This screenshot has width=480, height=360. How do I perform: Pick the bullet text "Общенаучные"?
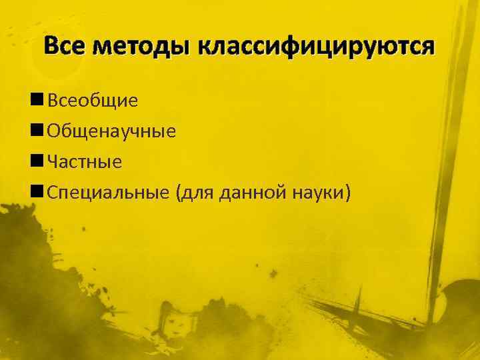tap(111, 131)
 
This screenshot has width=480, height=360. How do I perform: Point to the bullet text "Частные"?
tap(85, 162)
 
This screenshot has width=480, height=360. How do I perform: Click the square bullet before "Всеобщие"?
tap(37, 100)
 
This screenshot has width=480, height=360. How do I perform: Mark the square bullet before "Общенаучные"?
tap(37, 131)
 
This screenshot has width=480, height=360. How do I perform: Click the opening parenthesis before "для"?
tap(179, 193)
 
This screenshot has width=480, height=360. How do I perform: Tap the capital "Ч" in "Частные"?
tap(53, 162)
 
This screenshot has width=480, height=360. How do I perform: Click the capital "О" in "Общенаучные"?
tap(54, 131)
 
